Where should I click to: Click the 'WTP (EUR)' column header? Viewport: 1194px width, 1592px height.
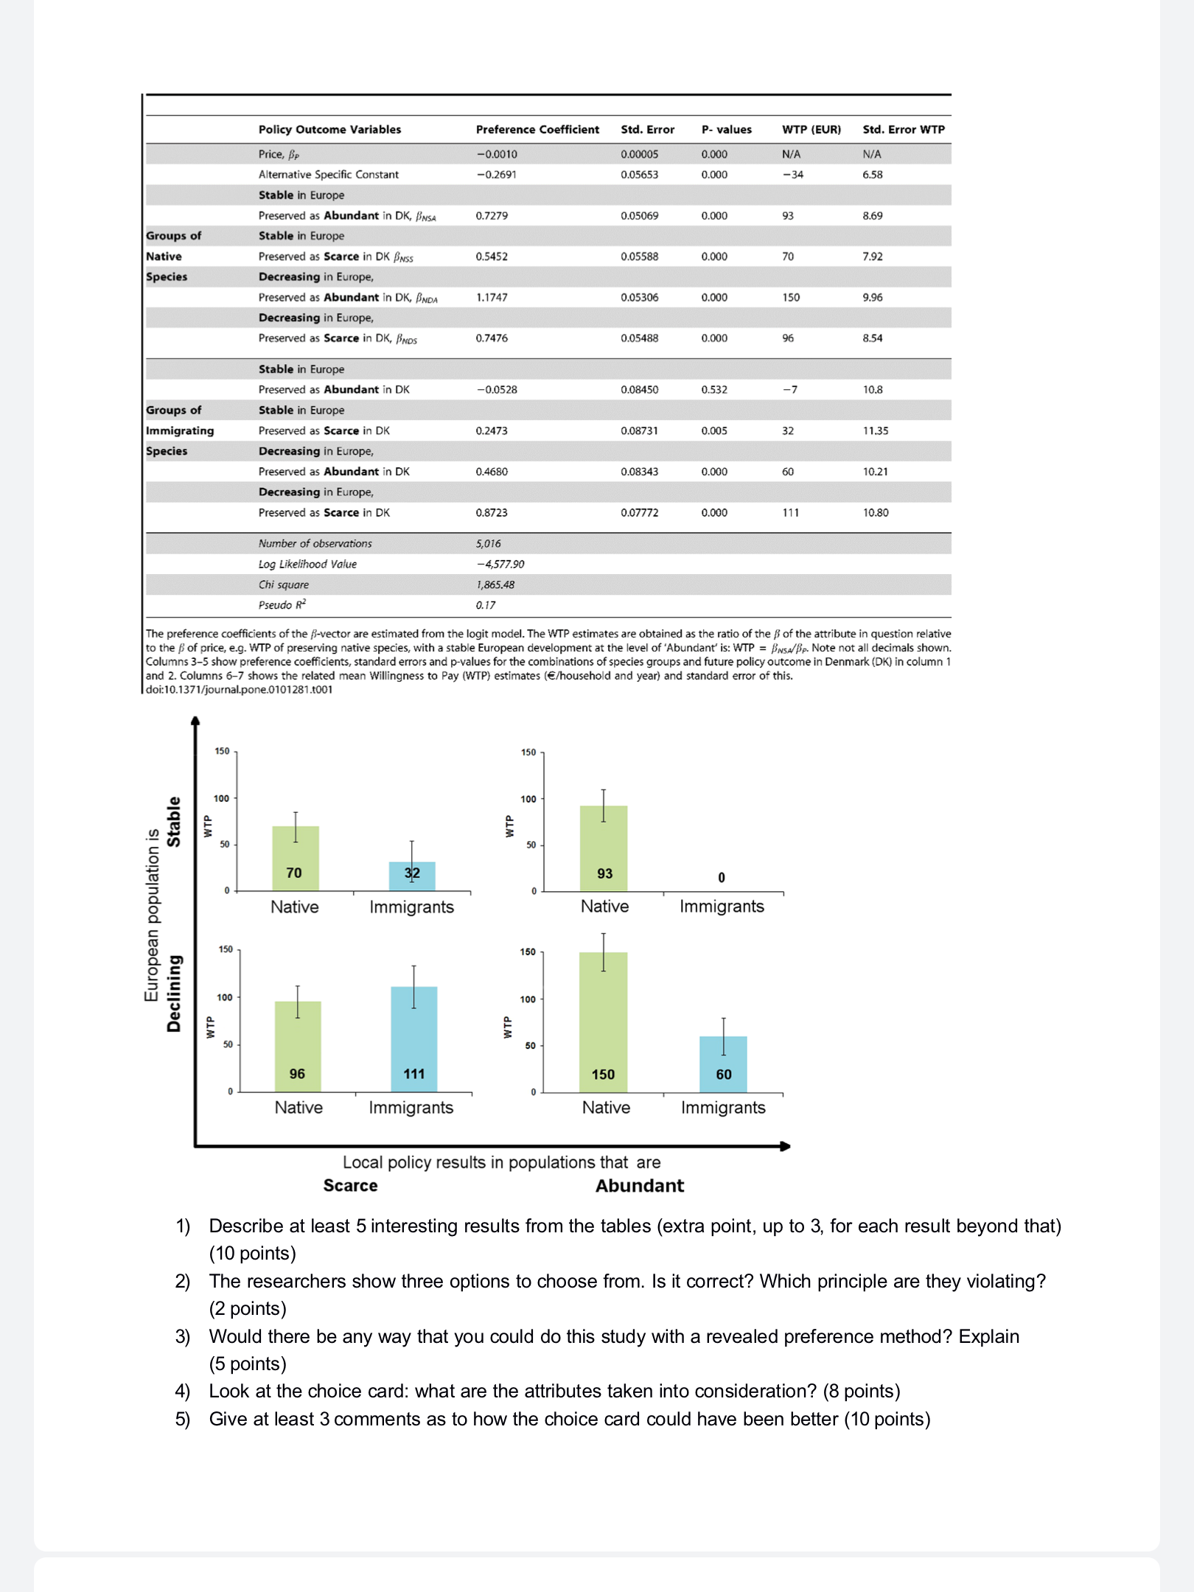tap(811, 129)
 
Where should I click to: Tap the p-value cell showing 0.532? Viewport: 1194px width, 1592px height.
tap(713, 389)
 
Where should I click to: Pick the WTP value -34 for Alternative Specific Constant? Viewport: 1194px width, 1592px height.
tap(792, 175)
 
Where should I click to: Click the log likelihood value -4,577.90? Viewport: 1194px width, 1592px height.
tap(500, 564)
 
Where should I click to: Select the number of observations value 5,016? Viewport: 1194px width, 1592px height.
tap(488, 543)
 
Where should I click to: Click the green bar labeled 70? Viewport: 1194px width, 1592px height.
tap(295, 855)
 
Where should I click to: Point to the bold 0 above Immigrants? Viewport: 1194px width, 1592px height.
tap(721, 877)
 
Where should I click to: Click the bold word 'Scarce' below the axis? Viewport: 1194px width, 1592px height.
tap(350, 1185)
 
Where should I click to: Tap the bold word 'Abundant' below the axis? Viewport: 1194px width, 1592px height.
tap(639, 1185)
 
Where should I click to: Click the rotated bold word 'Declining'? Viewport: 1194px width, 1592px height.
tap(174, 993)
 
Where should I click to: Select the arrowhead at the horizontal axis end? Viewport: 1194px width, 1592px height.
tap(785, 1146)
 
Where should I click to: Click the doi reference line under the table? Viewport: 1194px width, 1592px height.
tap(239, 689)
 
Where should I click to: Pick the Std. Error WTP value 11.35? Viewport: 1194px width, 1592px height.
tap(875, 430)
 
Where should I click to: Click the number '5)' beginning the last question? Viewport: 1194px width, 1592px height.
tap(182, 1419)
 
